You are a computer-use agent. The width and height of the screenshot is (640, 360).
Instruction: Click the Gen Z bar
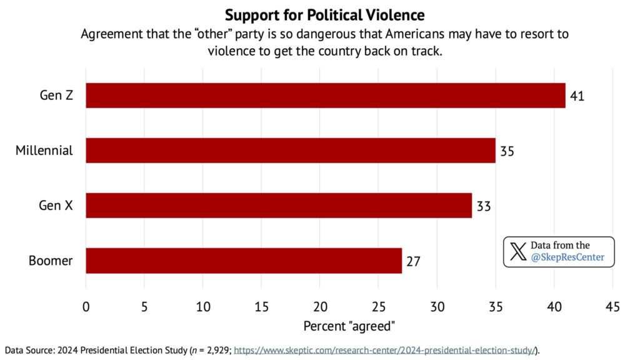[325, 96]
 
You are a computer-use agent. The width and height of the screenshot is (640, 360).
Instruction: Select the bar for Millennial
[291, 151]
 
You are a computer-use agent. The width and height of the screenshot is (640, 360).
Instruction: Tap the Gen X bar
[279, 206]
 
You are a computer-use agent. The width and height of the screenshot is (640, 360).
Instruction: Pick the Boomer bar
[244, 261]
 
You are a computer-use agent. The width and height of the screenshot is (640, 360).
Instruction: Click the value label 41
[577, 96]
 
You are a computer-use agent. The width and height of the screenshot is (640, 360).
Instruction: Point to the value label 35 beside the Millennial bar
[507, 151]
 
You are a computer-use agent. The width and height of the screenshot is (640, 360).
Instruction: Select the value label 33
[484, 206]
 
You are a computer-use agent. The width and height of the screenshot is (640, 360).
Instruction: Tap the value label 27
[413, 261]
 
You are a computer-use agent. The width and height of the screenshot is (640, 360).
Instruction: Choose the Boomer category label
[51, 261]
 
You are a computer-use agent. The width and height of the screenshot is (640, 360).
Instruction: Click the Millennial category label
[44, 151]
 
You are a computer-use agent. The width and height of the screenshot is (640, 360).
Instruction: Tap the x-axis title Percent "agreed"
[349, 326]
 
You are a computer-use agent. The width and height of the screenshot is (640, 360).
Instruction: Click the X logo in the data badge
[517, 252]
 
